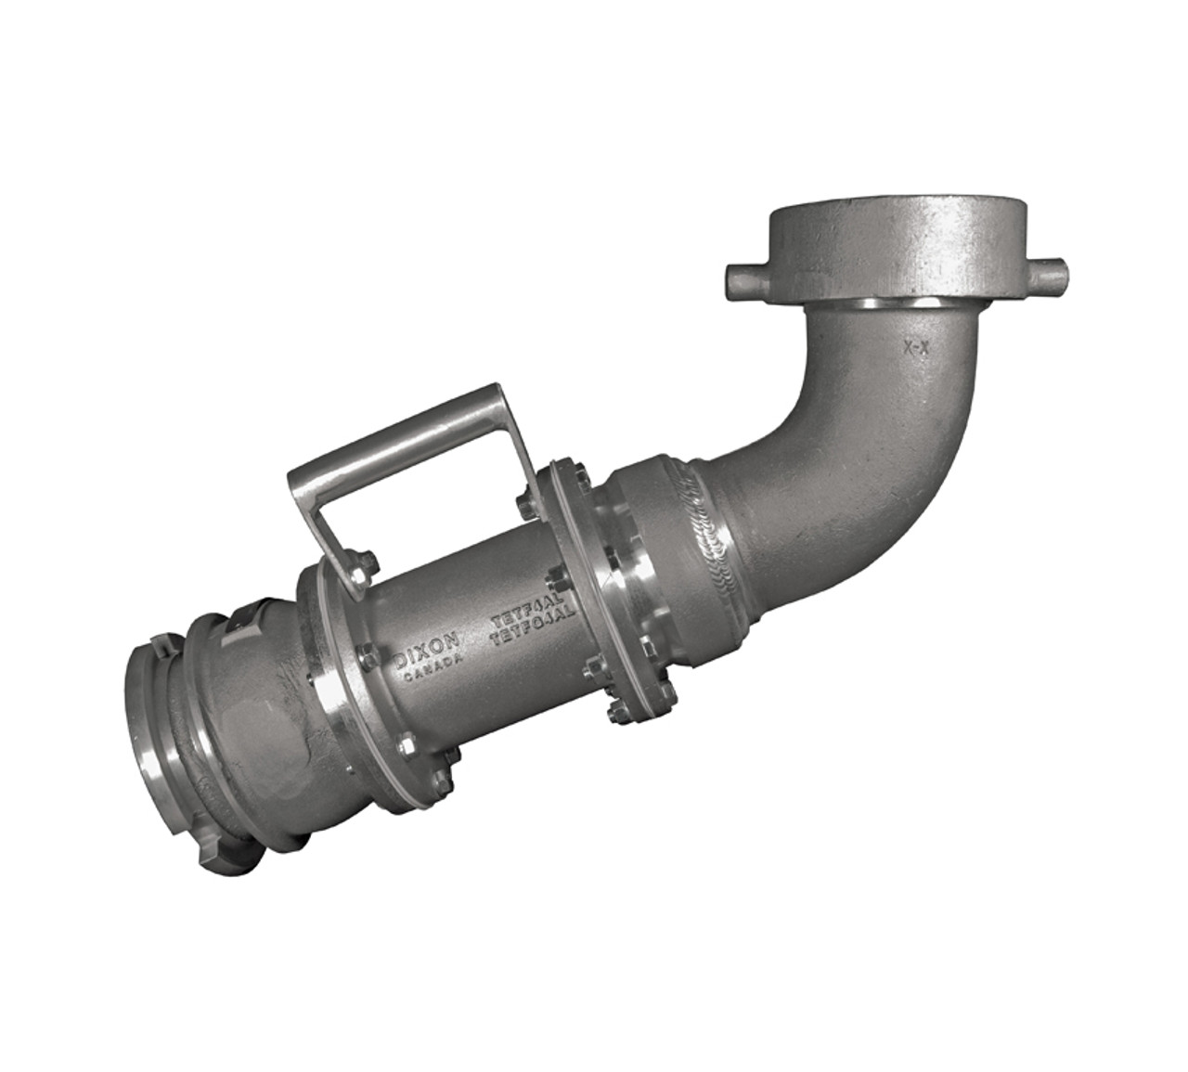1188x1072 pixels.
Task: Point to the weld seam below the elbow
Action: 705,538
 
